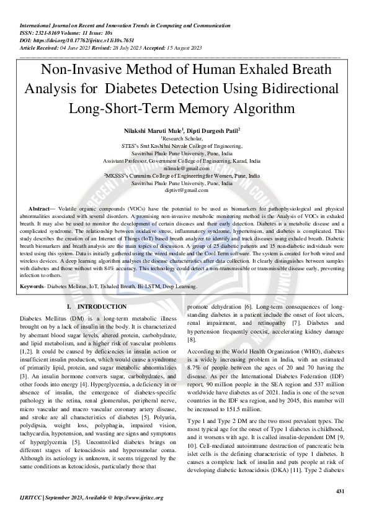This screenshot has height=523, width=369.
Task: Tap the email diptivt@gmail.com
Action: coord(184,191)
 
